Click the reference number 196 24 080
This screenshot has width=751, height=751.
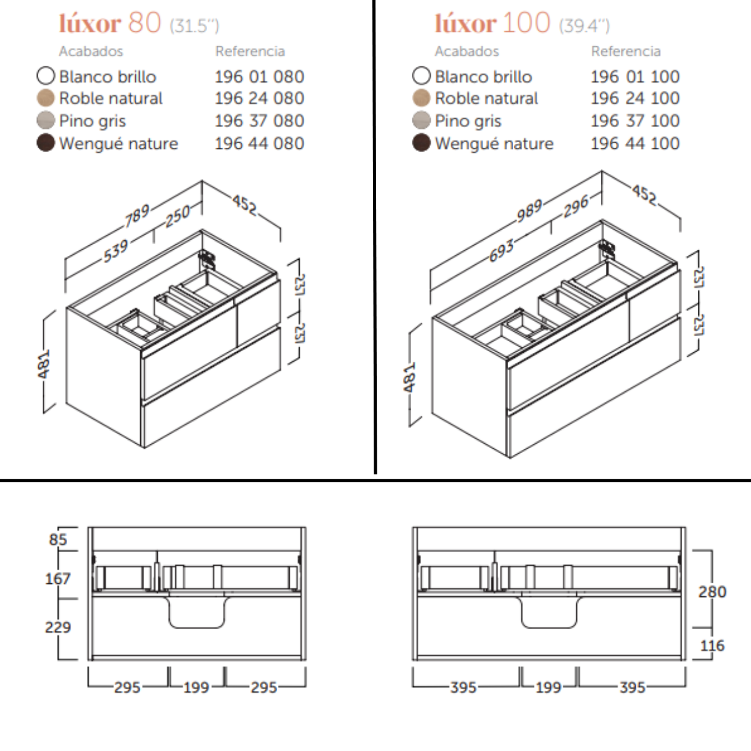(259, 98)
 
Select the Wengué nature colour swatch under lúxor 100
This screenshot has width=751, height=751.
(421, 143)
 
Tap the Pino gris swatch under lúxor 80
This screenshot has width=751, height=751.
(46, 120)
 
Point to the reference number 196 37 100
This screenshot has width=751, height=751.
(635, 120)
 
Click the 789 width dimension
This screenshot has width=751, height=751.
(136, 215)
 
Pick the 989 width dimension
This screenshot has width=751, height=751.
(529, 210)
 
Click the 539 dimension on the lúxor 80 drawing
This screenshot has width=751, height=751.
(116, 250)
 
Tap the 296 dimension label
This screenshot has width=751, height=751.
(576, 205)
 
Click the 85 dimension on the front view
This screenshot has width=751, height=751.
(58, 539)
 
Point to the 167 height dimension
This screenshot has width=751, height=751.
(58, 578)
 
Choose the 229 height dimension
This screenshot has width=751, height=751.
(58, 626)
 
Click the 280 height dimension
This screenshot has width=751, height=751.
(712, 591)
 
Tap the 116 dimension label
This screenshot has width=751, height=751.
(712, 645)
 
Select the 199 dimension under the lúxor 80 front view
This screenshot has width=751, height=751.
(196, 687)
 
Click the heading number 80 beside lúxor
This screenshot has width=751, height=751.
(144, 23)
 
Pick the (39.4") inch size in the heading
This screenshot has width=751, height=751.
(584, 26)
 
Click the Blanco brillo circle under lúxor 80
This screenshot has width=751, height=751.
(46, 76)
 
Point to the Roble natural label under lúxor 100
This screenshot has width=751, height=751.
(486, 98)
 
